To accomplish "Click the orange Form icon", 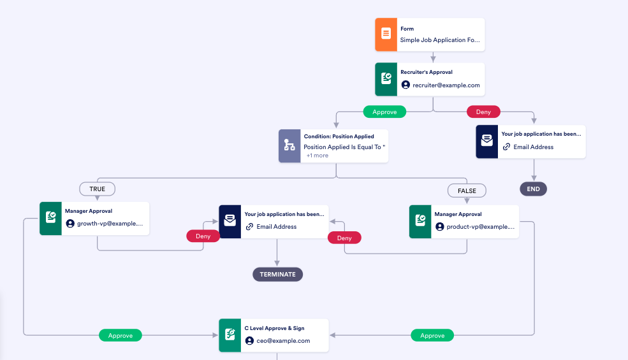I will (386, 34).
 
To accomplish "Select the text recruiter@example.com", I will (446, 85).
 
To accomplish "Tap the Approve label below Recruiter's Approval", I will (384, 112).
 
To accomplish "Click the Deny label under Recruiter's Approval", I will (483, 112).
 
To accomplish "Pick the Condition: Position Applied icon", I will (289, 146).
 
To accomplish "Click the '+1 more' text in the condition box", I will (317, 155).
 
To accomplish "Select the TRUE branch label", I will (97, 189).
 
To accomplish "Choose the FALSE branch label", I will (467, 191).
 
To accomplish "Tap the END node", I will (534, 189).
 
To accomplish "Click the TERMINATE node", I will (277, 275).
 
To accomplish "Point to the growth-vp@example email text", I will (110, 224).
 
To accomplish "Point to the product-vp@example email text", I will (479, 227).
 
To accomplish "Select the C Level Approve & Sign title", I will (274, 328).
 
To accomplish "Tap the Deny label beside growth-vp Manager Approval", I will (203, 236).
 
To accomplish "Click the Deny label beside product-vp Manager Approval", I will (344, 238).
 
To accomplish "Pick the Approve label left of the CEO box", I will (120, 335).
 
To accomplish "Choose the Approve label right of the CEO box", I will (432, 335).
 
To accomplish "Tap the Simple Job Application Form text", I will (439, 40).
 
